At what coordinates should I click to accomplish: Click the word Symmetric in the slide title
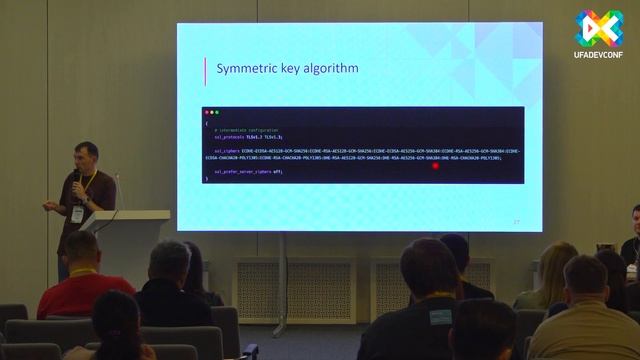(245, 69)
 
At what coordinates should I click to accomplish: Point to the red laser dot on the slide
(436, 166)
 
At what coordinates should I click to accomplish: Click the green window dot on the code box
(217, 112)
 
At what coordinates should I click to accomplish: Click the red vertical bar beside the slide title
(205, 69)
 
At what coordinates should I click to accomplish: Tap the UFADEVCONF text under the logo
(597, 53)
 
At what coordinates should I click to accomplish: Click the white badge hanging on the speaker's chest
(77, 213)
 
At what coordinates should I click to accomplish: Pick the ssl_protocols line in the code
(249, 136)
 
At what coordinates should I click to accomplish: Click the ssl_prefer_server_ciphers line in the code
(249, 172)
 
